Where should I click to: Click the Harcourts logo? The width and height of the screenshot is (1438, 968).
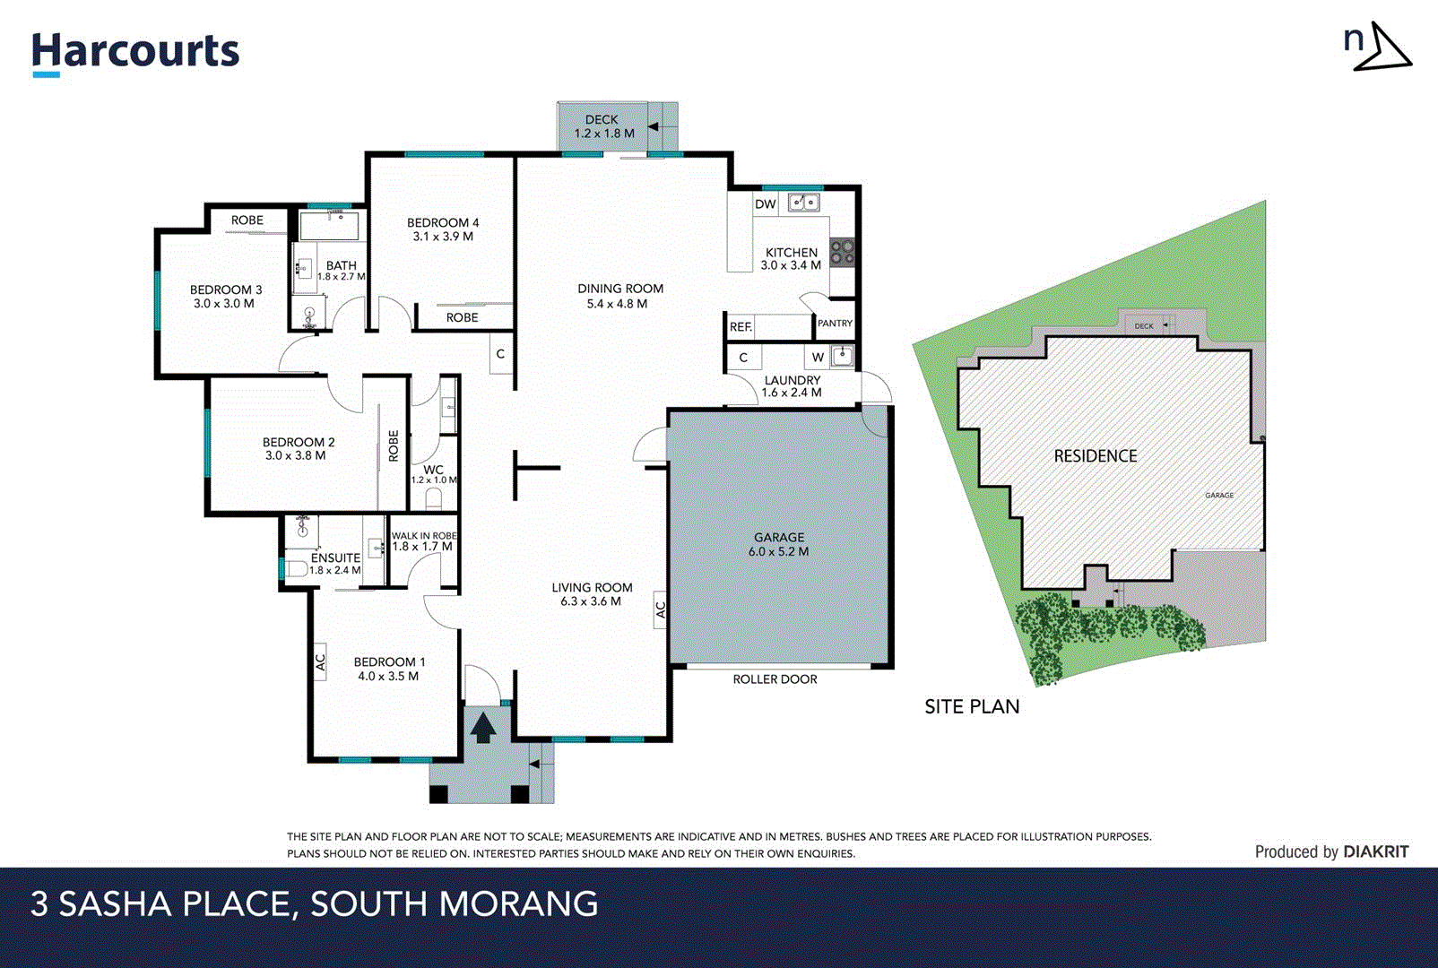[x=135, y=52]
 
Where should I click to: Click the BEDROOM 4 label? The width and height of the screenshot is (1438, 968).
[x=443, y=229]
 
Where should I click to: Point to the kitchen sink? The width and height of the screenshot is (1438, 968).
[x=803, y=203]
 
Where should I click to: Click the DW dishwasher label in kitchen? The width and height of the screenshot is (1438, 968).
[x=765, y=204]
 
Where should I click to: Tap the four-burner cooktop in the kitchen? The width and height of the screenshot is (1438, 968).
[x=842, y=252]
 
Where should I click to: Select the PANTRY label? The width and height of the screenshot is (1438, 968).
[x=835, y=324]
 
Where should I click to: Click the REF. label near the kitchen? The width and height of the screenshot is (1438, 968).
[x=741, y=327]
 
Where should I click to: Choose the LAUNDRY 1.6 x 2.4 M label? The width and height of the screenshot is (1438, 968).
[x=792, y=386]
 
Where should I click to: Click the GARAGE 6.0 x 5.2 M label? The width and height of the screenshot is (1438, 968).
[x=778, y=544]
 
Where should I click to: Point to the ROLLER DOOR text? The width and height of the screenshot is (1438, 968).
[x=775, y=679]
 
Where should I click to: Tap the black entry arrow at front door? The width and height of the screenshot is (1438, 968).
[x=483, y=726]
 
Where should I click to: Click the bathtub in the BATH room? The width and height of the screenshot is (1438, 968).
[x=329, y=225]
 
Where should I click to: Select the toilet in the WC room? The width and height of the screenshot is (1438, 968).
[x=434, y=498]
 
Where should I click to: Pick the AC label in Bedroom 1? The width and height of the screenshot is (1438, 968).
[x=320, y=661]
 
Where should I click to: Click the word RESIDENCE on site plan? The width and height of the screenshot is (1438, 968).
[x=1095, y=456]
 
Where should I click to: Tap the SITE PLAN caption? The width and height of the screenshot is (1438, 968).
[x=972, y=706]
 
